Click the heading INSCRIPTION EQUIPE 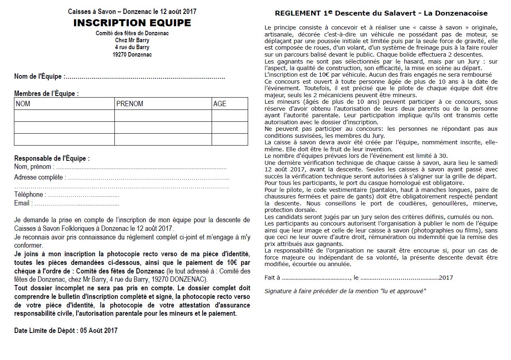[x=132, y=23]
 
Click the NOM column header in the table [x=23, y=104]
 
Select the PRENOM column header [x=130, y=104]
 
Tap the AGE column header [x=220, y=104]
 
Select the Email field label [x=22, y=203]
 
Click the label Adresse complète [x=40, y=178]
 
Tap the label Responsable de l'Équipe [x=52, y=158]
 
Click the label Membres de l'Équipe [x=46, y=93]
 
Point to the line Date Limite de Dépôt [x=66, y=330]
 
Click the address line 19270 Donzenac [x=132, y=55]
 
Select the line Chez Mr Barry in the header [x=132, y=40]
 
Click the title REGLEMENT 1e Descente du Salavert [x=381, y=13]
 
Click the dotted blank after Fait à [x=316, y=278]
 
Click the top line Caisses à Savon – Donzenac [x=132, y=11]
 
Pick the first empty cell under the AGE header [x=230, y=116]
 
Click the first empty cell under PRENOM [x=163, y=116]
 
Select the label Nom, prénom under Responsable [x=33, y=167]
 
